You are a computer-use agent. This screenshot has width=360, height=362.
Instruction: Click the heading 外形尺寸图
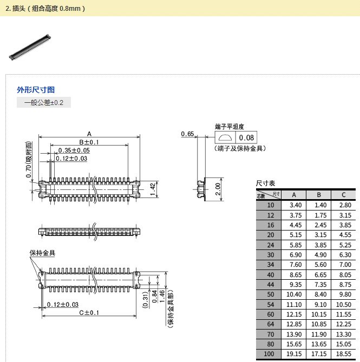point(36,90)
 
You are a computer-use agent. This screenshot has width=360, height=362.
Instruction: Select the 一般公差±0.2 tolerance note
point(44,102)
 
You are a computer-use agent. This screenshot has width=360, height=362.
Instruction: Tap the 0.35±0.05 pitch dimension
point(74,150)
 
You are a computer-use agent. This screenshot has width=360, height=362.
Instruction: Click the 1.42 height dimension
point(153,188)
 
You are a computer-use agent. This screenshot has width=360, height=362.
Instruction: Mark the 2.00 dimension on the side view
point(218,189)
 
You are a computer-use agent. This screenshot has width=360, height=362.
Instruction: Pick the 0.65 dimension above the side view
point(187,134)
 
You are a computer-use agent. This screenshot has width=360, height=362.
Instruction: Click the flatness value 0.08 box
point(246,138)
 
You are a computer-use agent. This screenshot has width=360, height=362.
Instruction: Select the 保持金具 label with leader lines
point(42,253)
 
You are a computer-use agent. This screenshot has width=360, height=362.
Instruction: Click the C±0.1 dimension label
point(89,313)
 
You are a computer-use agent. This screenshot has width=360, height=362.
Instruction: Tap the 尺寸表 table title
point(265,183)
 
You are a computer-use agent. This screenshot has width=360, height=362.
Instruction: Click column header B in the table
point(319,195)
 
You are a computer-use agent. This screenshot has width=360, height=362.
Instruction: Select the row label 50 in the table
point(271,294)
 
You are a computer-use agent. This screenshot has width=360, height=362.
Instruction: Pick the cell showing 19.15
point(295,353)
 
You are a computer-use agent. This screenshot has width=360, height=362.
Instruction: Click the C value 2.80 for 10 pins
point(344,205)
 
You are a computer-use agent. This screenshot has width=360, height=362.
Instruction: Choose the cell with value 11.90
point(319,334)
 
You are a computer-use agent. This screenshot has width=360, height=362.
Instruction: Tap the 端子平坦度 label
point(226,126)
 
